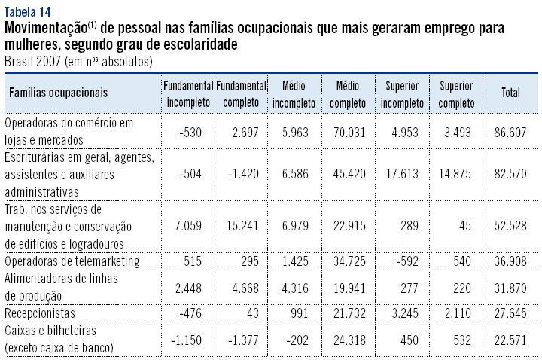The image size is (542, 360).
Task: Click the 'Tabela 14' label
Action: click(29, 10)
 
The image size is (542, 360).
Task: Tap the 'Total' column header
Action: click(510, 93)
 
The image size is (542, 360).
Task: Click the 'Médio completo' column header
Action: click(348, 93)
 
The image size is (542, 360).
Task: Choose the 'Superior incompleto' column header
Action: click(402, 93)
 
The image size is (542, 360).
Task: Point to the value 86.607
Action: click(512, 133)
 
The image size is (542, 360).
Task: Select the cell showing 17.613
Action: click(403, 174)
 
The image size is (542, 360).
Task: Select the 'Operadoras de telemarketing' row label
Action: click(72, 261)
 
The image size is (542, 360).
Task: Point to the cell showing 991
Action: click(299, 312)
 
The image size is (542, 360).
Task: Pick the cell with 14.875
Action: click(458, 174)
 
